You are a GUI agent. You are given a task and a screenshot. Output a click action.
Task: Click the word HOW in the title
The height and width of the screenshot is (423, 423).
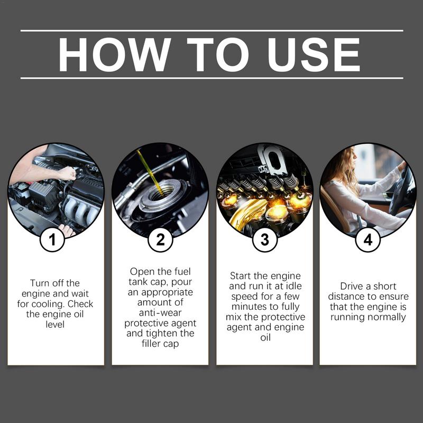click(115, 54)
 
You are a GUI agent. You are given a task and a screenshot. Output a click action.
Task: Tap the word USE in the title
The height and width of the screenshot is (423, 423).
click(314, 54)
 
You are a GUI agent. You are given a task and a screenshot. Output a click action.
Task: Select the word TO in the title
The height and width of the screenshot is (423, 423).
click(218, 54)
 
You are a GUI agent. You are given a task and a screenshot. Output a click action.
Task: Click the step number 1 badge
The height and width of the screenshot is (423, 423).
click(52, 240)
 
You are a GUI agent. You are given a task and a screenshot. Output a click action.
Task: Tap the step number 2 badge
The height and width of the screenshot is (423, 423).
click(160, 240)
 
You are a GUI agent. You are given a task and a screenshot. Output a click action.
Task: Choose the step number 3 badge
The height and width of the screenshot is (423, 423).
click(265, 240)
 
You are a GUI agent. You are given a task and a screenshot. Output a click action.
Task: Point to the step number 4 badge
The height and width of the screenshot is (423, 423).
click(368, 240)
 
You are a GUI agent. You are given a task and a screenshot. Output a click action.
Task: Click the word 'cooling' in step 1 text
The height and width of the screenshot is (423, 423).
click(48, 304)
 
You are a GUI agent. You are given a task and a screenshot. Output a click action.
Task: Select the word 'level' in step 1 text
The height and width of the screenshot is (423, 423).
click(55, 324)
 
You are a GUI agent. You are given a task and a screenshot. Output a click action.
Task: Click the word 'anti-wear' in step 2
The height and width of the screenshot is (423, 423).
click(160, 312)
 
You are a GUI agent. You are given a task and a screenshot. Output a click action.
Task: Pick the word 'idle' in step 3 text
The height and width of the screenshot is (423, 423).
click(293, 286)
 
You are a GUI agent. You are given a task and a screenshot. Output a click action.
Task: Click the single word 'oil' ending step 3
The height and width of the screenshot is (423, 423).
click(265, 337)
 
